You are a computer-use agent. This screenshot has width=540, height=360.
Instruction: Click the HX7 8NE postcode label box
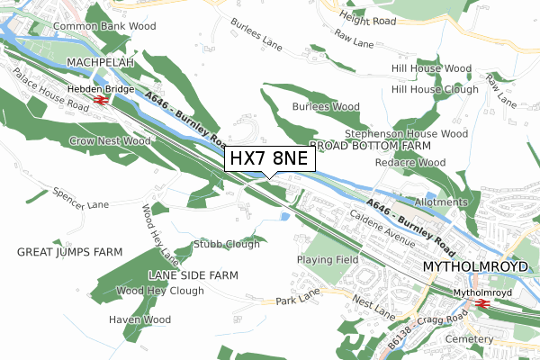point(269,158)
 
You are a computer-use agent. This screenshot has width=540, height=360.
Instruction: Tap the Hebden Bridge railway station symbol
point(100,101)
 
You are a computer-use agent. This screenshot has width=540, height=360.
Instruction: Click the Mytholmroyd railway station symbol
point(483,304)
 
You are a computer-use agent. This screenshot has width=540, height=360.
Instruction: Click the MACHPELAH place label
point(100,63)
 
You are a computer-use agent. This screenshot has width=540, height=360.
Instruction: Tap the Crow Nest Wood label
point(110,141)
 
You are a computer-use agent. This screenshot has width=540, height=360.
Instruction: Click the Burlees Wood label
point(326,106)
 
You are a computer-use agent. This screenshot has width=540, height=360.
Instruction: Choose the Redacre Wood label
point(410,162)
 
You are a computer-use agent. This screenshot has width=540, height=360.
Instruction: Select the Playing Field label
point(327,260)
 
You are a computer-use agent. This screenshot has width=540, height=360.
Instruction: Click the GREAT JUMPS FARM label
point(69,253)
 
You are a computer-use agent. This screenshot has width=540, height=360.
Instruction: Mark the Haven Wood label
point(139,319)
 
